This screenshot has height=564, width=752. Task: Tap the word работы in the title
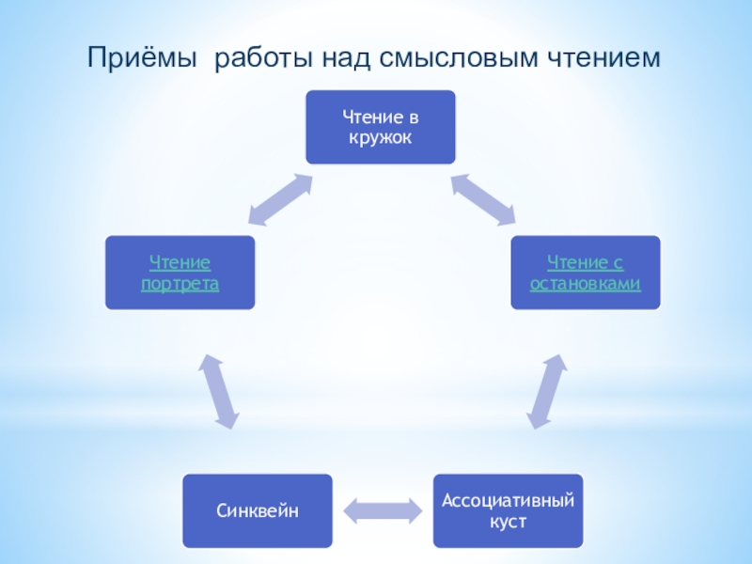click(266, 58)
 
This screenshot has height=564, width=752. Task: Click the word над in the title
click(351, 58)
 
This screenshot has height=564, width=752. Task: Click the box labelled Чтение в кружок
click(381, 127)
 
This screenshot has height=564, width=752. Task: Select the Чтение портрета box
click(180, 273)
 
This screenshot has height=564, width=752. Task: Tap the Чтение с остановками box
click(586, 273)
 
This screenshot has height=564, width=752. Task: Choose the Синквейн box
click(258, 511)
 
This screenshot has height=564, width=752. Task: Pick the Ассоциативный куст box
click(508, 511)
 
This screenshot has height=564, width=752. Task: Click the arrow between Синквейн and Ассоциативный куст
click(383, 511)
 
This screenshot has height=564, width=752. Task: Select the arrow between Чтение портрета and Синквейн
click(218, 390)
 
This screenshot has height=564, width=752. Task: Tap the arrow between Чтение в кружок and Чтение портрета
click(280, 198)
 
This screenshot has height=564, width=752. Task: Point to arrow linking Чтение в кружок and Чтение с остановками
click(483, 198)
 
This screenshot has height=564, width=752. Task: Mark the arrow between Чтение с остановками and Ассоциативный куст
click(546, 390)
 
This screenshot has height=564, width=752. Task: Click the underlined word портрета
click(180, 283)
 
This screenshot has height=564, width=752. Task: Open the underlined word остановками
click(586, 283)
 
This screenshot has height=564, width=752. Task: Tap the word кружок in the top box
click(381, 137)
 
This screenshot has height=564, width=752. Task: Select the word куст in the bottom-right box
click(508, 521)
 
